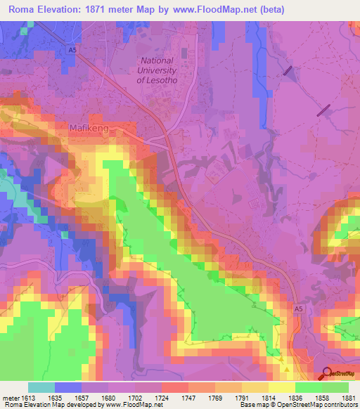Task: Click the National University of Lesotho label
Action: pyautogui.click(x=161, y=70)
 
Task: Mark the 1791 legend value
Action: pyautogui.click(x=238, y=397)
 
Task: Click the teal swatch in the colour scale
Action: pyautogui.click(x=41, y=387)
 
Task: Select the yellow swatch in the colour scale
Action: pyautogui.click(x=281, y=387)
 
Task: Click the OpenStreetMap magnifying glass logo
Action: pyautogui.click(x=327, y=373)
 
